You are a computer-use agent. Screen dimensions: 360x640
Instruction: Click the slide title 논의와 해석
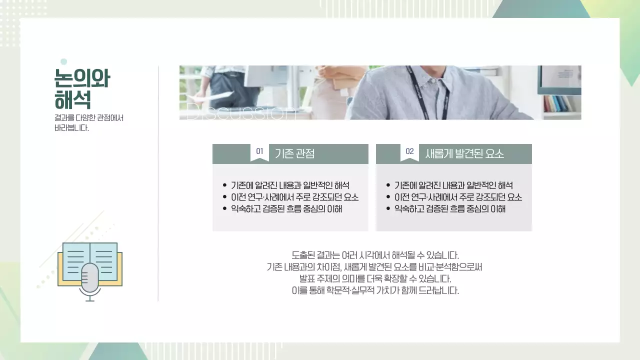pyautogui.click(x=82, y=89)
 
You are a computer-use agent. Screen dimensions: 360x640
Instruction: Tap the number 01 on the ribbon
pyautogui.click(x=259, y=151)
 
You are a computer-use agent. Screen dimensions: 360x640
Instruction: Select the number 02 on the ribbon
pyautogui.click(x=409, y=151)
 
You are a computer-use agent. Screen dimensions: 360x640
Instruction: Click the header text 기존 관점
pyautogui.click(x=294, y=153)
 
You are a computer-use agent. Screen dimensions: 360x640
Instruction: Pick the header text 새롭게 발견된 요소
pyautogui.click(x=464, y=153)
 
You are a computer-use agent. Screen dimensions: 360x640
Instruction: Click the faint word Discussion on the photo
pyautogui.click(x=237, y=112)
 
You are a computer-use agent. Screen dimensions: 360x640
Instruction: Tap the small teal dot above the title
pyautogui.click(x=63, y=61)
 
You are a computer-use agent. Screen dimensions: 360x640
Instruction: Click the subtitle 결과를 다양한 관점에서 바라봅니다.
pyautogui.click(x=88, y=123)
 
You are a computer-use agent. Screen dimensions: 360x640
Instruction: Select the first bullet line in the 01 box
pyautogui.click(x=290, y=185)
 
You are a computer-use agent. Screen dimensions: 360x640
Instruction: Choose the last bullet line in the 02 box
pyautogui.click(x=449, y=208)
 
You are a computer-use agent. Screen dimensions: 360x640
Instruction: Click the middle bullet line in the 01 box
pyautogui.click(x=294, y=197)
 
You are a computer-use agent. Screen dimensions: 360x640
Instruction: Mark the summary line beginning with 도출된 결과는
pyautogui.click(x=375, y=255)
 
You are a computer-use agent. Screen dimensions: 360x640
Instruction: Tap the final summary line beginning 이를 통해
pyautogui.click(x=375, y=290)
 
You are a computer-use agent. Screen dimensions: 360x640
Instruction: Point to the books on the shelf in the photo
pyautogui.click(x=557, y=103)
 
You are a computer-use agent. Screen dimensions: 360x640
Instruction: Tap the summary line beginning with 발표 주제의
pyautogui.click(x=375, y=278)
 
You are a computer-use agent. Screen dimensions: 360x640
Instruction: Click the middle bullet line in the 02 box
pyautogui.click(x=458, y=197)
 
